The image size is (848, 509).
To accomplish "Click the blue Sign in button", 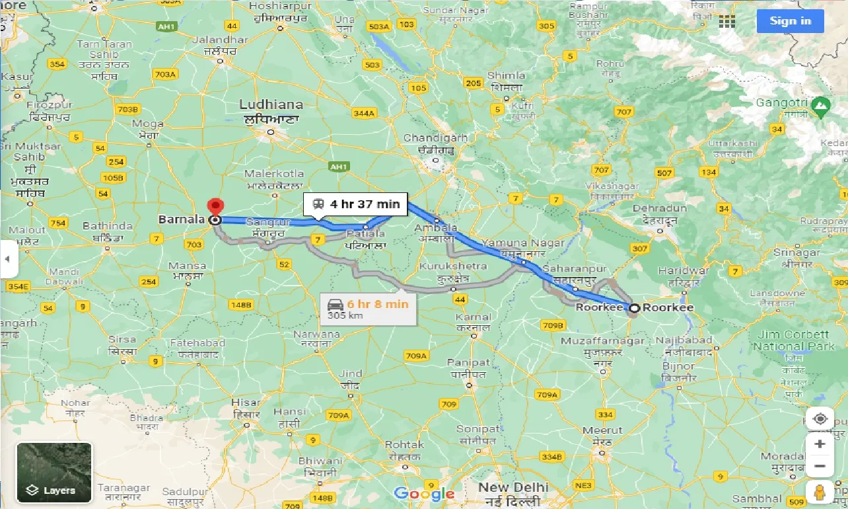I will pyautogui.click(x=790, y=21).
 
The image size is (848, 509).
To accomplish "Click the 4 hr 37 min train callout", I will pyautogui.click(x=357, y=204).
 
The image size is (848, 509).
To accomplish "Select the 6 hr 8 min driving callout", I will pyautogui.click(x=367, y=308).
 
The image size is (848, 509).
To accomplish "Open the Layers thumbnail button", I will pyautogui.click(x=55, y=472).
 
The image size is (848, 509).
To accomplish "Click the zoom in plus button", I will pyautogui.click(x=820, y=444).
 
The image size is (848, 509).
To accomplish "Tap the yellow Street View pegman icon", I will pyautogui.click(x=820, y=492).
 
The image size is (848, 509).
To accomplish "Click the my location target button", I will pyautogui.click(x=820, y=419).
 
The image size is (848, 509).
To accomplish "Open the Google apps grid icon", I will pyautogui.click(x=727, y=21).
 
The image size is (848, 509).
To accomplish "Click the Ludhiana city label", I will pyautogui.click(x=271, y=104).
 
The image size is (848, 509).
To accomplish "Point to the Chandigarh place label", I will pyautogui.click(x=435, y=138).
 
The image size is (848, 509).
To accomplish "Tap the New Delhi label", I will pyautogui.click(x=513, y=487).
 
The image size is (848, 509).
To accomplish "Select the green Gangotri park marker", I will pyautogui.click(x=821, y=104).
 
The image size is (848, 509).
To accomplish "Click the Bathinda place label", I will pyautogui.click(x=108, y=226).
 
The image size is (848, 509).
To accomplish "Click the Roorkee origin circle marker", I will pyautogui.click(x=634, y=308).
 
